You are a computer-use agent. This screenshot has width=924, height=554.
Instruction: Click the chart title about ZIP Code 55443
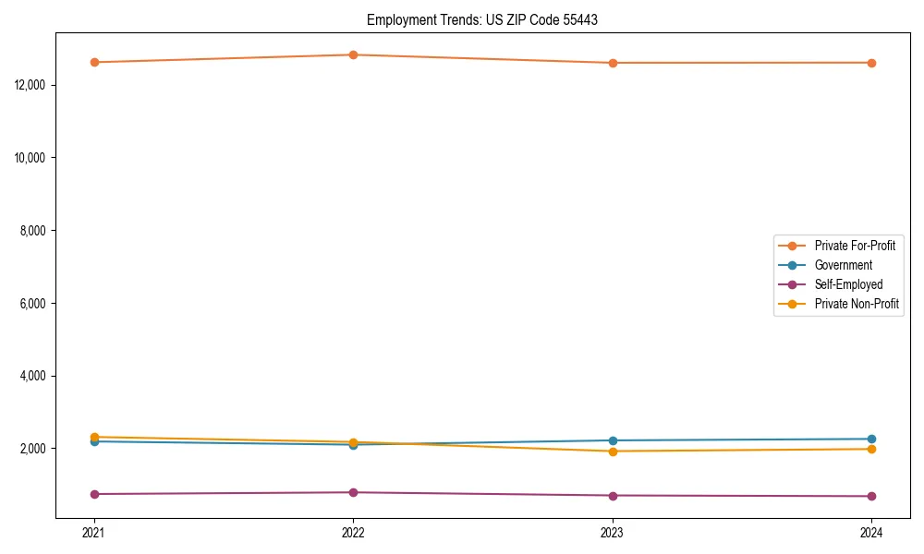481,19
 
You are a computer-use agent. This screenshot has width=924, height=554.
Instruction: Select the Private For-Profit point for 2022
353,54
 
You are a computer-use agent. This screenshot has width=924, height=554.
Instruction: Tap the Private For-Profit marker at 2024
871,63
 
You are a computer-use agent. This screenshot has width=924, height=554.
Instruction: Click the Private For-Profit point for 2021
94,62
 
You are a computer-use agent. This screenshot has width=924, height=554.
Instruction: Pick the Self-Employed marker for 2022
353,492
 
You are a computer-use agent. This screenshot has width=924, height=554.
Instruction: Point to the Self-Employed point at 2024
871,496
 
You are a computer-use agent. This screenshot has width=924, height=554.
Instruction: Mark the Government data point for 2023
613,440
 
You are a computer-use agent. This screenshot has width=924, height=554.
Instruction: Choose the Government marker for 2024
871,439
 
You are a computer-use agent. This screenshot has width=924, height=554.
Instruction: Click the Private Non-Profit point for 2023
613,452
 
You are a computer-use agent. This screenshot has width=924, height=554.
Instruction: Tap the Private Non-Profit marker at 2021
94,437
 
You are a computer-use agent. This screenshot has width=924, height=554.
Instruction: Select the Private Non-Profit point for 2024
871,449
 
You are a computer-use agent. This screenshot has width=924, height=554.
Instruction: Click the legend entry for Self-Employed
848,284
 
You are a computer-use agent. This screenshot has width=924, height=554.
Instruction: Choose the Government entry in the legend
843,265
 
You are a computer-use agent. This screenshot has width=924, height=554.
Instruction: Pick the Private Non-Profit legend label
857,304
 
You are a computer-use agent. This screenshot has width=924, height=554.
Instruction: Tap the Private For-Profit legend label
855,246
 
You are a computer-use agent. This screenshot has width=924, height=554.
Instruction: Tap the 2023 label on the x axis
613,532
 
